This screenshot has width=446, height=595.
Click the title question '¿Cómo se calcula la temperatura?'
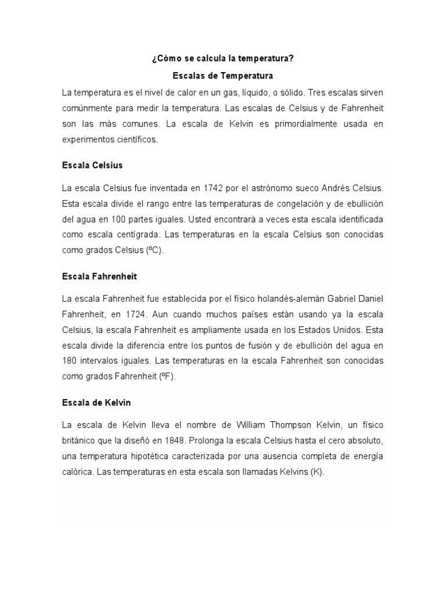pyautogui.click(x=223, y=60)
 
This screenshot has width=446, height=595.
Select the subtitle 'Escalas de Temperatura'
pyautogui.click(x=223, y=76)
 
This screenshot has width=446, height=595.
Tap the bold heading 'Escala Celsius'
pyautogui.click(x=92, y=166)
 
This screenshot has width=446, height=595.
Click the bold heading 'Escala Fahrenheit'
pyautogui.click(x=99, y=276)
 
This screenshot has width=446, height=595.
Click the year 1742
pyautogui.click(x=213, y=188)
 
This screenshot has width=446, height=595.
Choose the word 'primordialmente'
pyautogui.click(x=285, y=124)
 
